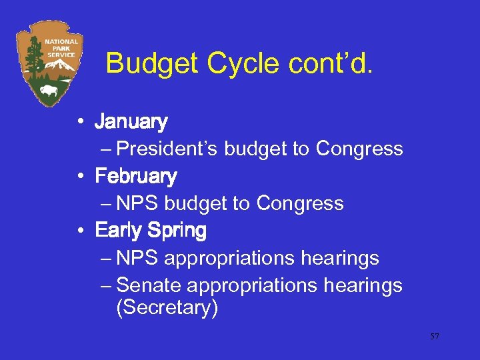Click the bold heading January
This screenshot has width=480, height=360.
pos(131,122)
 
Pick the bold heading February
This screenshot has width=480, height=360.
pos(136,177)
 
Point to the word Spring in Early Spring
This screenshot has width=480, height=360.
pos(177,231)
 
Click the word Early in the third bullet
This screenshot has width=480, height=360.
pos(119,231)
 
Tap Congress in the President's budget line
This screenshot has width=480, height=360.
pos(359,149)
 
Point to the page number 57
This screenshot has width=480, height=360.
pos(434,337)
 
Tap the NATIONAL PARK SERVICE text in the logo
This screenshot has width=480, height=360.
pos(61,47)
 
